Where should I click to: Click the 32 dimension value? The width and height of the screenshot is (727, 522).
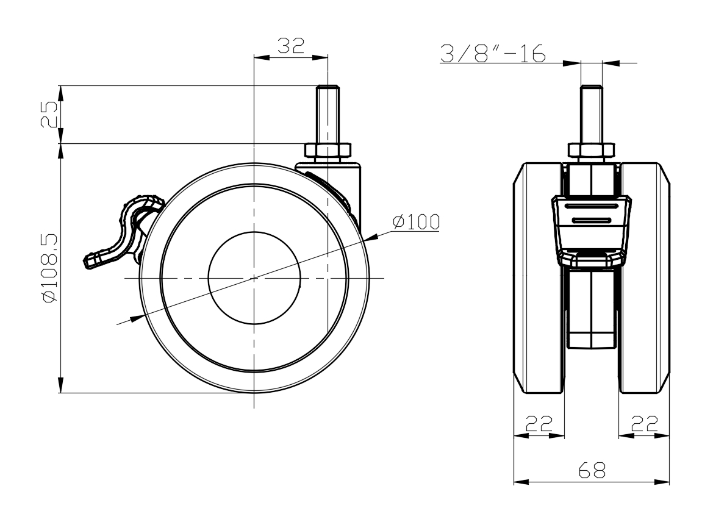click(291, 46)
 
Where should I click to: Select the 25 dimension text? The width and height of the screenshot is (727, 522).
click(49, 114)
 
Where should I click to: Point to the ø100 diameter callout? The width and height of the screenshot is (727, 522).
click(416, 222)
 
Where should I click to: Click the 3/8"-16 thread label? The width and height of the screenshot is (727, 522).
click(492, 53)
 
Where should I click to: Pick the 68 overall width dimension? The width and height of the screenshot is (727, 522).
click(592, 471)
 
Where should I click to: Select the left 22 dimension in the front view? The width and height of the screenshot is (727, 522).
click(539, 423)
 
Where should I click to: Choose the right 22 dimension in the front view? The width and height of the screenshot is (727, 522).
click(645, 423)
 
